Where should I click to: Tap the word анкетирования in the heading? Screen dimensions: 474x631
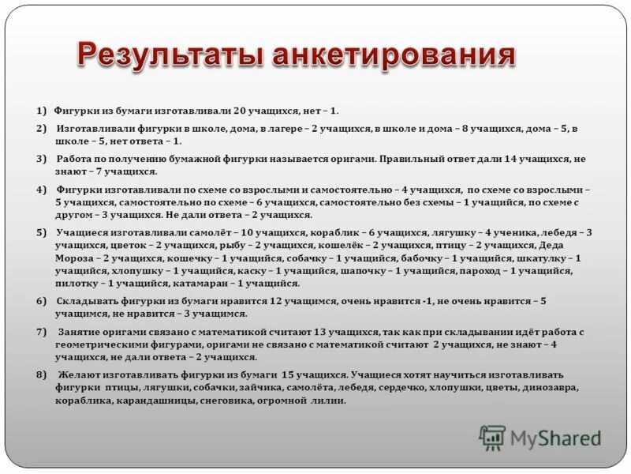coord(392,56)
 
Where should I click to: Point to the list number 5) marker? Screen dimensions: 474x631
coord(41,232)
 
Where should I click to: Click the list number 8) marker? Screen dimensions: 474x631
coord(41,374)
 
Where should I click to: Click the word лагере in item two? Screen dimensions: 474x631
coord(282,128)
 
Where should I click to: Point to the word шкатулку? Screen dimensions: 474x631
coord(549,258)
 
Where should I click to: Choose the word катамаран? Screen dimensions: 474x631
coord(208,283)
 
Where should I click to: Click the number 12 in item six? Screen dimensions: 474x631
coord(275,301)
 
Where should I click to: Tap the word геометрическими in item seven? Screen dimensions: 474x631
coord(96,344)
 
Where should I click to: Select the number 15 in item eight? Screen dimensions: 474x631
coord(288,374)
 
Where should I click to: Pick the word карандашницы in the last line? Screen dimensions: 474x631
coord(157,401)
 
